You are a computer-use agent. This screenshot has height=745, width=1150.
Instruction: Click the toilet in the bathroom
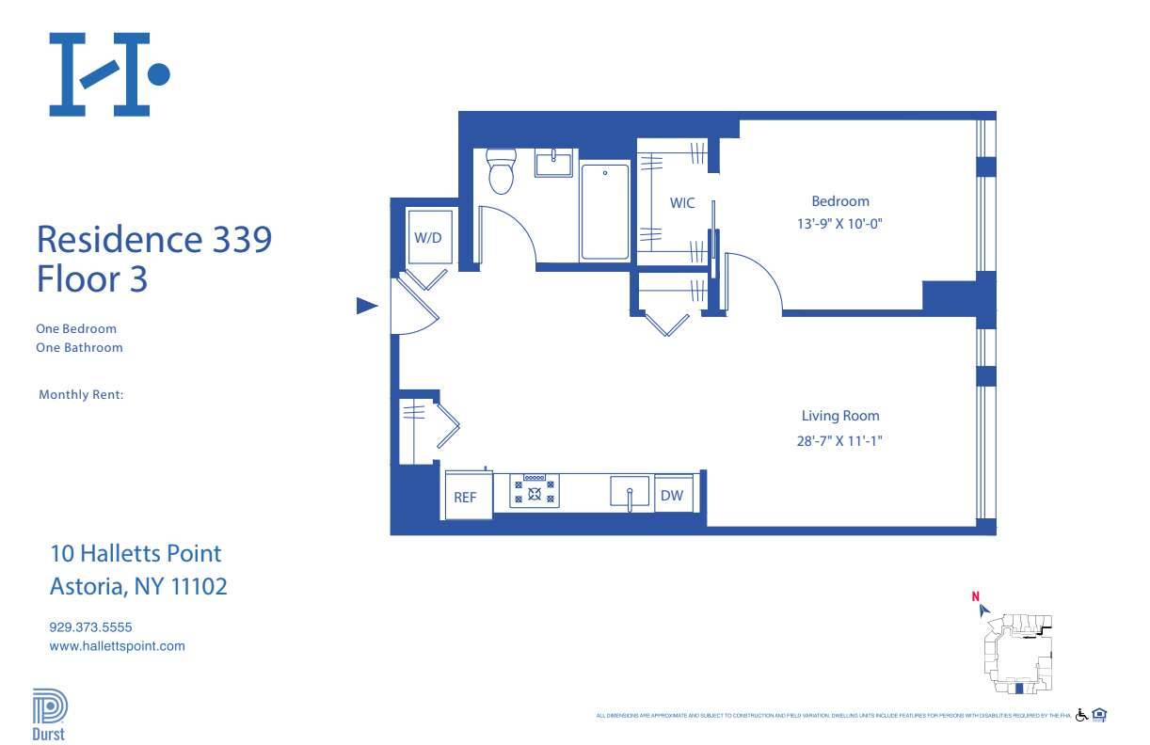(x=501, y=172)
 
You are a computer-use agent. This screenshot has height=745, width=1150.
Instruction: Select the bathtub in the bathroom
(x=604, y=212)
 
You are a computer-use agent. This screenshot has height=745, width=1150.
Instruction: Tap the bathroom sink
(x=554, y=164)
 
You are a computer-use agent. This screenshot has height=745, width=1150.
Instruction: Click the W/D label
(x=428, y=238)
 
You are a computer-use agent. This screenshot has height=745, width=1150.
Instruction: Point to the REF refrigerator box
(x=466, y=498)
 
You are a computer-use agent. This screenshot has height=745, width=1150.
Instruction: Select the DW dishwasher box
(x=672, y=496)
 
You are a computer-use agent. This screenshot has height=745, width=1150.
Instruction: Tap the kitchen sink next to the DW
(x=629, y=492)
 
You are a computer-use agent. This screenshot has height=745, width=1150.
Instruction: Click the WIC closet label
(x=682, y=203)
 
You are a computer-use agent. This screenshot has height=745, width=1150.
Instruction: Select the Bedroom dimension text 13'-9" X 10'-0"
(x=839, y=224)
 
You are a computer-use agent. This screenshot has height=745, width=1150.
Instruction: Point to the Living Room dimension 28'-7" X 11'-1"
(x=839, y=438)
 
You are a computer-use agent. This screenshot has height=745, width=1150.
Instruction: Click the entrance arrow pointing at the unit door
(x=367, y=306)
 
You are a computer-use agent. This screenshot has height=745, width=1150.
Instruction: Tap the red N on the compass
(x=976, y=595)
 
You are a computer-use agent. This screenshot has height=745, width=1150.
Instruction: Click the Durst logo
(x=48, y=716)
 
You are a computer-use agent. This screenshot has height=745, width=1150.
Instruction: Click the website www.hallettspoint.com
(x=117, y=646)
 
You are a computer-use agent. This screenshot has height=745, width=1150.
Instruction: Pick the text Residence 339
(x=153, y=239)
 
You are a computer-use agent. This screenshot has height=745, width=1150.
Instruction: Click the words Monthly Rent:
(x=82, y=395)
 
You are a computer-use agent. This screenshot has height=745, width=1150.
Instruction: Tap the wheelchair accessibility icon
(x=1081, y=716)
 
